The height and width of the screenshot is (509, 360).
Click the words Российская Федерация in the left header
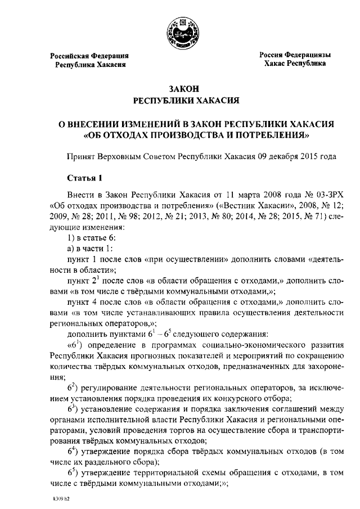90,56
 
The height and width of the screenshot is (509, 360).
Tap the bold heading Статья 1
85,179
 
